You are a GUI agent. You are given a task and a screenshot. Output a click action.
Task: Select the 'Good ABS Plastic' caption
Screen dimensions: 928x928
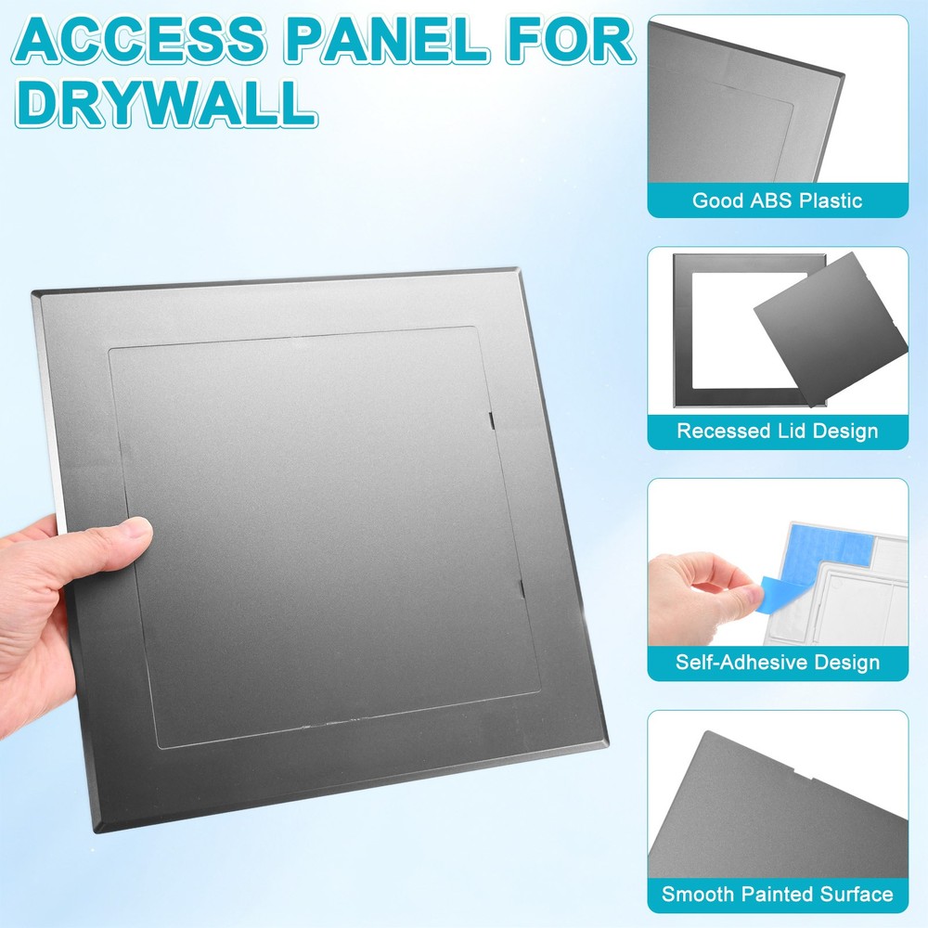tap(777, 200)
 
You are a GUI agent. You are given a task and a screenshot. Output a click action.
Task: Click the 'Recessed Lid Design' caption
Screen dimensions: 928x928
tap(777, 431)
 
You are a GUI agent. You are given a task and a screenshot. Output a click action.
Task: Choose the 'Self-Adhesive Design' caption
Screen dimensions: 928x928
tap(777, 663)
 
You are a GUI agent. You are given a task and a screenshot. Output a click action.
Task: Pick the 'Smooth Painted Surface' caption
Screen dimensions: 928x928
tap(777, 895)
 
